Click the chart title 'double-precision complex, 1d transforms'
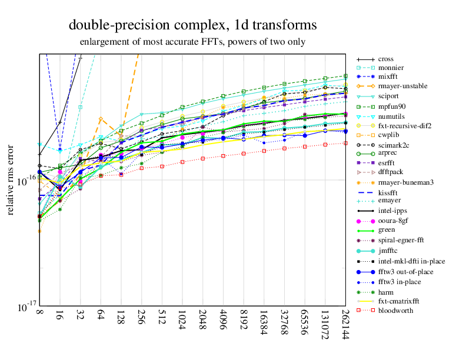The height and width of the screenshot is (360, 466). (192, 25)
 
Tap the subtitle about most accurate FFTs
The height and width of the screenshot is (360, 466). (192, 42)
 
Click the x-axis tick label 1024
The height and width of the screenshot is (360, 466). (183, 322)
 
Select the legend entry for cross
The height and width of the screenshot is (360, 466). (386, 59)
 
